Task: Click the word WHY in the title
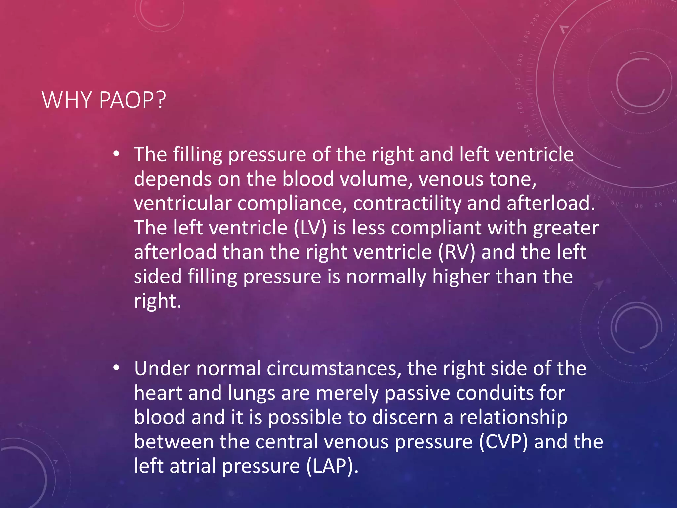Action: pos(66,100)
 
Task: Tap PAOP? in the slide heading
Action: pos(132,100)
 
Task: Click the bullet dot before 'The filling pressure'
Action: pos(116,154)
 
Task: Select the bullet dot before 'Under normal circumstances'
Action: pos(116,368)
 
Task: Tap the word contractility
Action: pos(407,203)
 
